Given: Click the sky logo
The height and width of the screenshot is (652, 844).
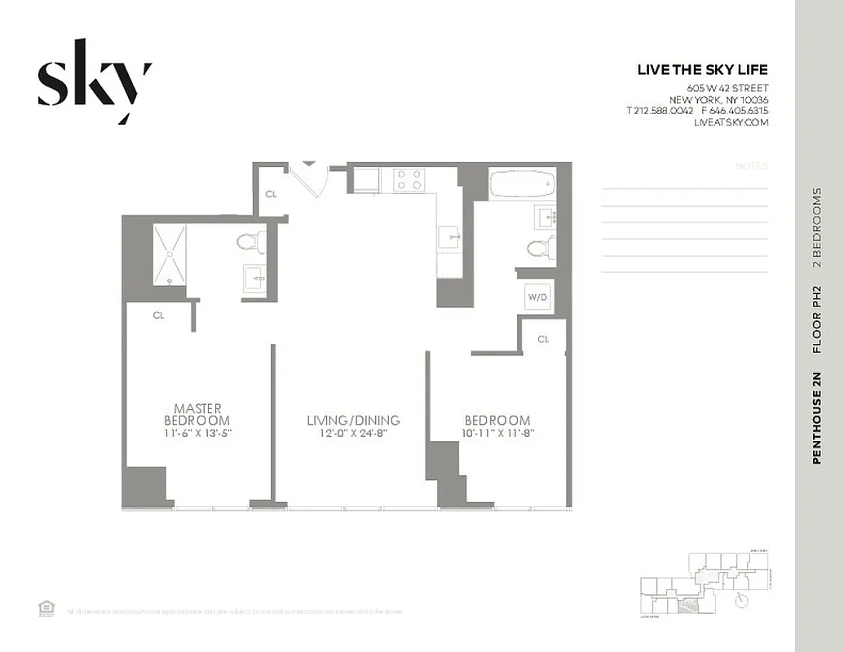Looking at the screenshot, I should pos(95,81).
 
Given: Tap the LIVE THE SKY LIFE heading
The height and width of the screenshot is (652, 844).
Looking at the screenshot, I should pos(702,70).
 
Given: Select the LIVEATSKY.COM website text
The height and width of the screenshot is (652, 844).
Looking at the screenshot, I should pos(731,122).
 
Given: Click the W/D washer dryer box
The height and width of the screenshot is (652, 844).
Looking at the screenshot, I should pos(537,297).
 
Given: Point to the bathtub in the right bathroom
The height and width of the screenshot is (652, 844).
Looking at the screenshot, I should pos(522,183).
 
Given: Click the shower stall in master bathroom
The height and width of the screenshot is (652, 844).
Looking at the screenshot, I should pos(170,254).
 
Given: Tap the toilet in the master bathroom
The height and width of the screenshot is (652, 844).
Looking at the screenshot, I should pos(250,242).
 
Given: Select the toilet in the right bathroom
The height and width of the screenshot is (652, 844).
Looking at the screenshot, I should pos(540,248).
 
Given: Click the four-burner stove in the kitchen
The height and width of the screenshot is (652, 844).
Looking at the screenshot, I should pos(409,179).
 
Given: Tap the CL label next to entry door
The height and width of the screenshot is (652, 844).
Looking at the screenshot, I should pos(272,194).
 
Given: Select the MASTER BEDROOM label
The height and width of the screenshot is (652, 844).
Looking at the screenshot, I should pos(197,413).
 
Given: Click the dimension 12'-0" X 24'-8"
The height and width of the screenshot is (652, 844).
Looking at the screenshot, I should pos(353,434).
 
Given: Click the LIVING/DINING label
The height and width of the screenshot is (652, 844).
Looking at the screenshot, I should pos(353,421).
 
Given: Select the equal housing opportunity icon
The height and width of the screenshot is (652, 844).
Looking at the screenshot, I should pos(46,607).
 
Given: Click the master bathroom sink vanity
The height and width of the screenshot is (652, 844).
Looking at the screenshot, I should pos(254,279).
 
